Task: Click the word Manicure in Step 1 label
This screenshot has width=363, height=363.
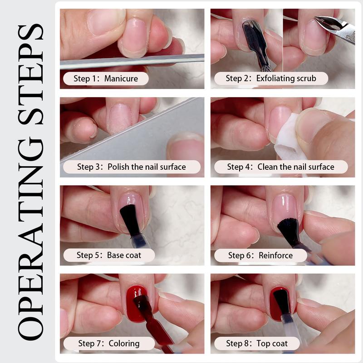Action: [121, 78]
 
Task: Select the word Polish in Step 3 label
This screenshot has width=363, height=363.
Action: [118, 167]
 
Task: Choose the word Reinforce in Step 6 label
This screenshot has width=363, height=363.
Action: [276, 255]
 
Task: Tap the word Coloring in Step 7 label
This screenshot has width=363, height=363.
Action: [124, 343]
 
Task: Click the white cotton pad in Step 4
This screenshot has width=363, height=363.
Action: [286, 137]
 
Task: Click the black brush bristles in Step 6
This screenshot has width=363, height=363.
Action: [289, 231]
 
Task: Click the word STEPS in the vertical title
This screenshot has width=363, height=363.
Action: [30, 74]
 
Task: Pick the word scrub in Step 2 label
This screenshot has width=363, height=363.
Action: [307, 78]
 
